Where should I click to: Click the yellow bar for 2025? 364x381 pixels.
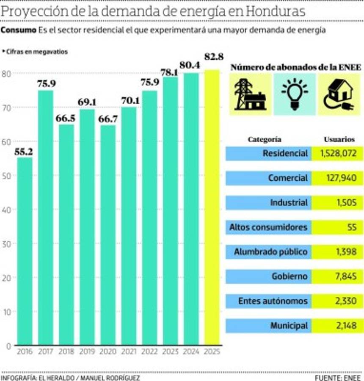coord(212,207)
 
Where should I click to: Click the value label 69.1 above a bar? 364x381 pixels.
coord(87,102)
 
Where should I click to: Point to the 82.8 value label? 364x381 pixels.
coord(213,57)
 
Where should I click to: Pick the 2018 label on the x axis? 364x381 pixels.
coord(66,352)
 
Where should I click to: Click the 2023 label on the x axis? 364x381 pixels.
coord(170,352)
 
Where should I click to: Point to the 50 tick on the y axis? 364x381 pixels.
coord(7,176)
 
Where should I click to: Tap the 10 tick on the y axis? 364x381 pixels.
coord(7,312)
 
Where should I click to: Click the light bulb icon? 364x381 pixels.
coord(295,94)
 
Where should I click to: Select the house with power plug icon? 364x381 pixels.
coord(338,94)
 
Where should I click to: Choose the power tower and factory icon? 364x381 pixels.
coord(250,94)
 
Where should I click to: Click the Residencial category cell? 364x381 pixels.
coord(268,153)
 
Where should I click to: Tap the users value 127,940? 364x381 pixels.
coord(338,178)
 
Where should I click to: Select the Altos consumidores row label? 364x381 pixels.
coord(268,227)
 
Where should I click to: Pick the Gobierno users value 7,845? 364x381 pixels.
coord(338,276)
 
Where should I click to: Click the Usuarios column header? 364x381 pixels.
coord(339,139)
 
